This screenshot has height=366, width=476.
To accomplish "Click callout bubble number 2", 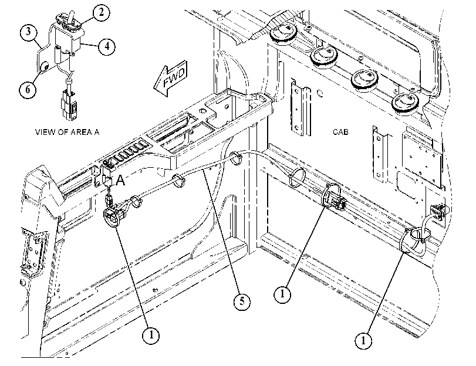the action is tap(101, 12).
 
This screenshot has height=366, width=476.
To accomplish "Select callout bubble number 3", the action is tap(29, 32).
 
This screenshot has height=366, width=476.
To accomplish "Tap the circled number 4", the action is tap(106, 46).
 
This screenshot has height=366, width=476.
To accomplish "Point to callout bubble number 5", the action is tap(242, 301).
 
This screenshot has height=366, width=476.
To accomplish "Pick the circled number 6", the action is tap(28, 90).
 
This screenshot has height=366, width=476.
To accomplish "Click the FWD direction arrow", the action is tap(170, 78).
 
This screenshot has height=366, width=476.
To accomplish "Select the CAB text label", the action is tap(340, 132).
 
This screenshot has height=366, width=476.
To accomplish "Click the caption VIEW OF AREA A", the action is tap(67, 132).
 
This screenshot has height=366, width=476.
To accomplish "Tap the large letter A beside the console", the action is tap(120, 180).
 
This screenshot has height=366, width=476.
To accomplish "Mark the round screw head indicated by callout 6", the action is tap(45, 66).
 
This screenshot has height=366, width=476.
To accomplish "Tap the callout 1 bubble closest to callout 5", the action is tap(282, 294).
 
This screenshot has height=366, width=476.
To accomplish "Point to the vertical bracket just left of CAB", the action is tap(301, 109).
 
